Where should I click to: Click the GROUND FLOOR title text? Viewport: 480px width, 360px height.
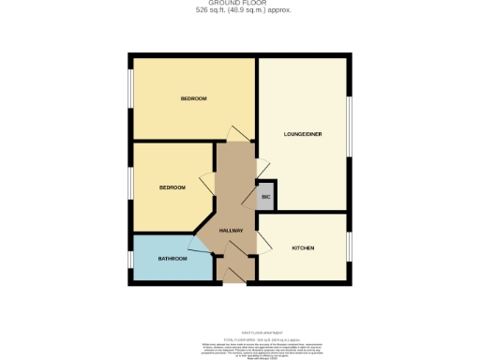click(239, 3)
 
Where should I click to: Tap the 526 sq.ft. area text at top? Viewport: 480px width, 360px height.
click(239, 10)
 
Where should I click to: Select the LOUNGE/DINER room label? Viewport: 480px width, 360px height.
click(303, 134)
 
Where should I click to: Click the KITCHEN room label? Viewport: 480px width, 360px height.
click(302, 247)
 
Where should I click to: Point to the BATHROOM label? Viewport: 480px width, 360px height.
click(171, 258)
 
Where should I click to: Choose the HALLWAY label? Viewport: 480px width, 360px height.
click(232, 231)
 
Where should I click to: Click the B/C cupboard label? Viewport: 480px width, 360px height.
click(265, 197)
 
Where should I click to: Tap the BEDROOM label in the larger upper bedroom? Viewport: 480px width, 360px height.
click(193, 98)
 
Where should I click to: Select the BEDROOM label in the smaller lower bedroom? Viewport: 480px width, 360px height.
click(172, 187)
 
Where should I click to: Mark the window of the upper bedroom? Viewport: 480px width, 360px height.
click(130, 94)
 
